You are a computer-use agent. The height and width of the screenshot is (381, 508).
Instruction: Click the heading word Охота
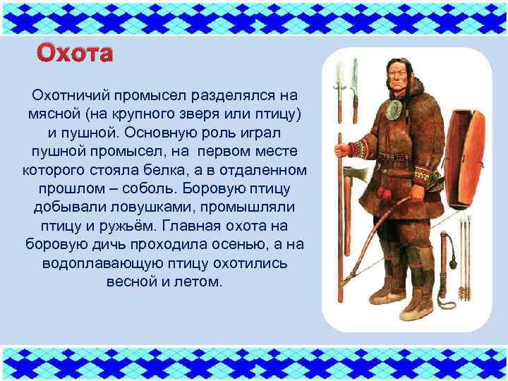click(74, 53)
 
